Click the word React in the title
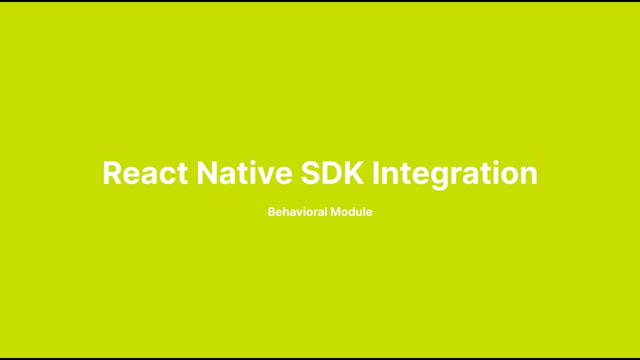click(x=145, y=173)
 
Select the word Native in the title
click(x=244, y=173)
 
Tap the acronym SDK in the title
click(x=332, y=173)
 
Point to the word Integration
click(x=454, y=173)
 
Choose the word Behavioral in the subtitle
click(x=297, y=212)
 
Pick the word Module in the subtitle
click(x=351, y=212)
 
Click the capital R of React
click(x=112, y=173)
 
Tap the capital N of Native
click(x=208, y=173)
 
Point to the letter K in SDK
click(x=353, y=173)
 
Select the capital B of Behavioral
click(x=271, y=212)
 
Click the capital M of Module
click(x=335, y=212)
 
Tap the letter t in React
click(x=182, y=173)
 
